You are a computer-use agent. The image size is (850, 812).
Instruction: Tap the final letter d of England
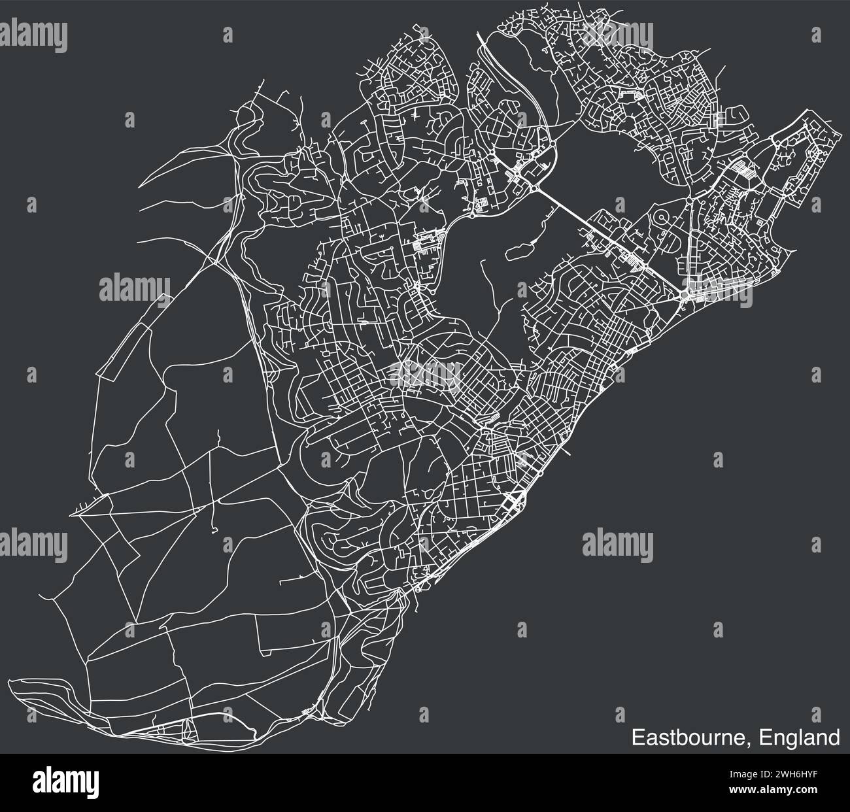coord(834,737)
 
